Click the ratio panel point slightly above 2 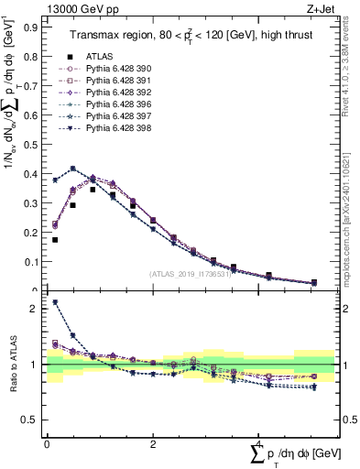click(55, 302)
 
